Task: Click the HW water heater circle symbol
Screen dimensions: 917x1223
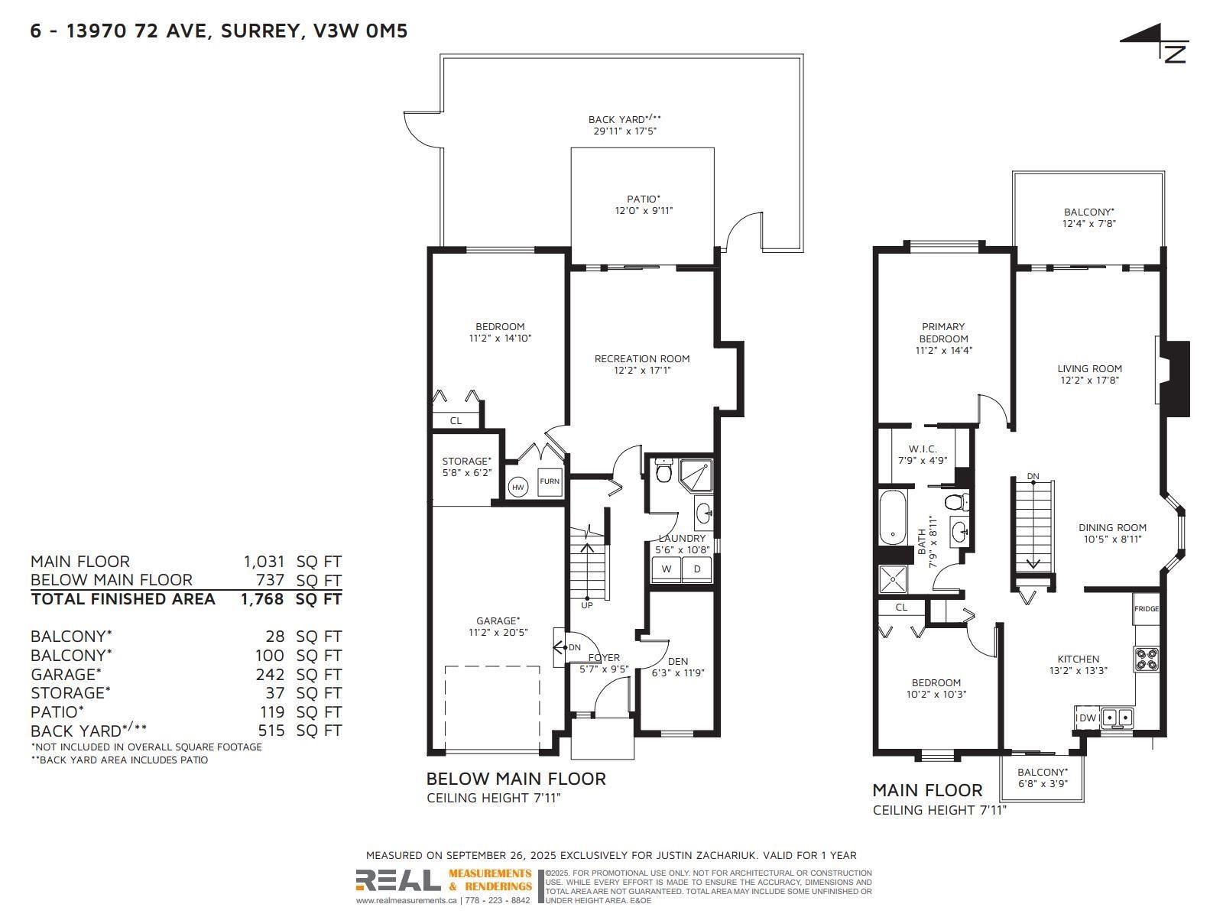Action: click(518, 487)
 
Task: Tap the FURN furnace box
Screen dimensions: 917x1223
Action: click(550, 481)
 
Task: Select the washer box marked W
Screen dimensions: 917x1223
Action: click(667, 569)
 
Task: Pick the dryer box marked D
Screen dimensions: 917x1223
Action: click(697, 569)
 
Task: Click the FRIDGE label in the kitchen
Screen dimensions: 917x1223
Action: click(1147, 608)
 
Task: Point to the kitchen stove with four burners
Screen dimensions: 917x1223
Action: click(1147, 658)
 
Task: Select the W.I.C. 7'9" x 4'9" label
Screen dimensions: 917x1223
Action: click(923, 455)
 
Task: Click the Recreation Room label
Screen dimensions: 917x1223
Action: click(642, 364)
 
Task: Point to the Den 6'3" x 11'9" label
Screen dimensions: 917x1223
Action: click(677, 667)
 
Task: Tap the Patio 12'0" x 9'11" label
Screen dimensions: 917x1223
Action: click(644, 205)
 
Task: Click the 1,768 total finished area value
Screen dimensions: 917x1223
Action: click(262, 599)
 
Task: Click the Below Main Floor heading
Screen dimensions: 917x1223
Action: click(515, 779)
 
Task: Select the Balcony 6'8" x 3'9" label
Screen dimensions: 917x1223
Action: click(1042, 778)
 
